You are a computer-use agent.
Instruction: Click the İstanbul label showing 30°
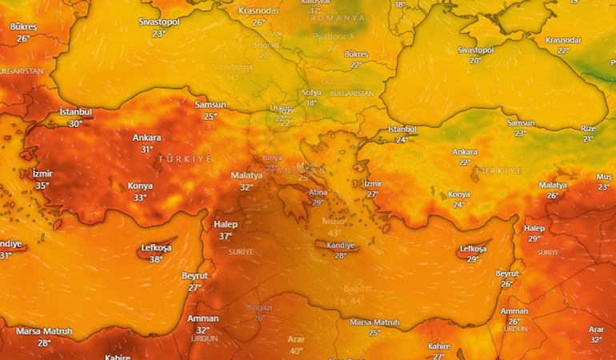point(76,112)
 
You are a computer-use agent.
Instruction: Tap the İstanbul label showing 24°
point(402,130)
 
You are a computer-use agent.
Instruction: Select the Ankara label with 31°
point(146,138)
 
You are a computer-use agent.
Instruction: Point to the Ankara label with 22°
point(465,152)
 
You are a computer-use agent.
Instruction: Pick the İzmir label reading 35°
point(42,174)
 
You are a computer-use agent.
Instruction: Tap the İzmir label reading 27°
point(373,184)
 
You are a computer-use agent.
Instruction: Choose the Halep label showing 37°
point(226,225)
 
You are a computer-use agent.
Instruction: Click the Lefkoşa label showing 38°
point(156,249)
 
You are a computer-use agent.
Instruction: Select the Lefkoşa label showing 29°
point(472,249)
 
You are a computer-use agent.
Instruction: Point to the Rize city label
point(588,128)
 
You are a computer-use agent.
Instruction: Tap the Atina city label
point(318,192)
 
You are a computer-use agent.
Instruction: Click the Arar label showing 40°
point(296,340)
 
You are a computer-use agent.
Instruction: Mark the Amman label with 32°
point(202,318)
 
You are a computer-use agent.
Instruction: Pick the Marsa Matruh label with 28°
point(44,332)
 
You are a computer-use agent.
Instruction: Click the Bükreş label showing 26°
point(23,27)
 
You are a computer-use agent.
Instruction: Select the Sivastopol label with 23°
point(158,22)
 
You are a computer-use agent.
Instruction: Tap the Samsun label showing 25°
point(210,105)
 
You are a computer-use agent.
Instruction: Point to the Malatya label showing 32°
point(246,175)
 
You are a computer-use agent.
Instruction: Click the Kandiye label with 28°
point(340,245)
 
